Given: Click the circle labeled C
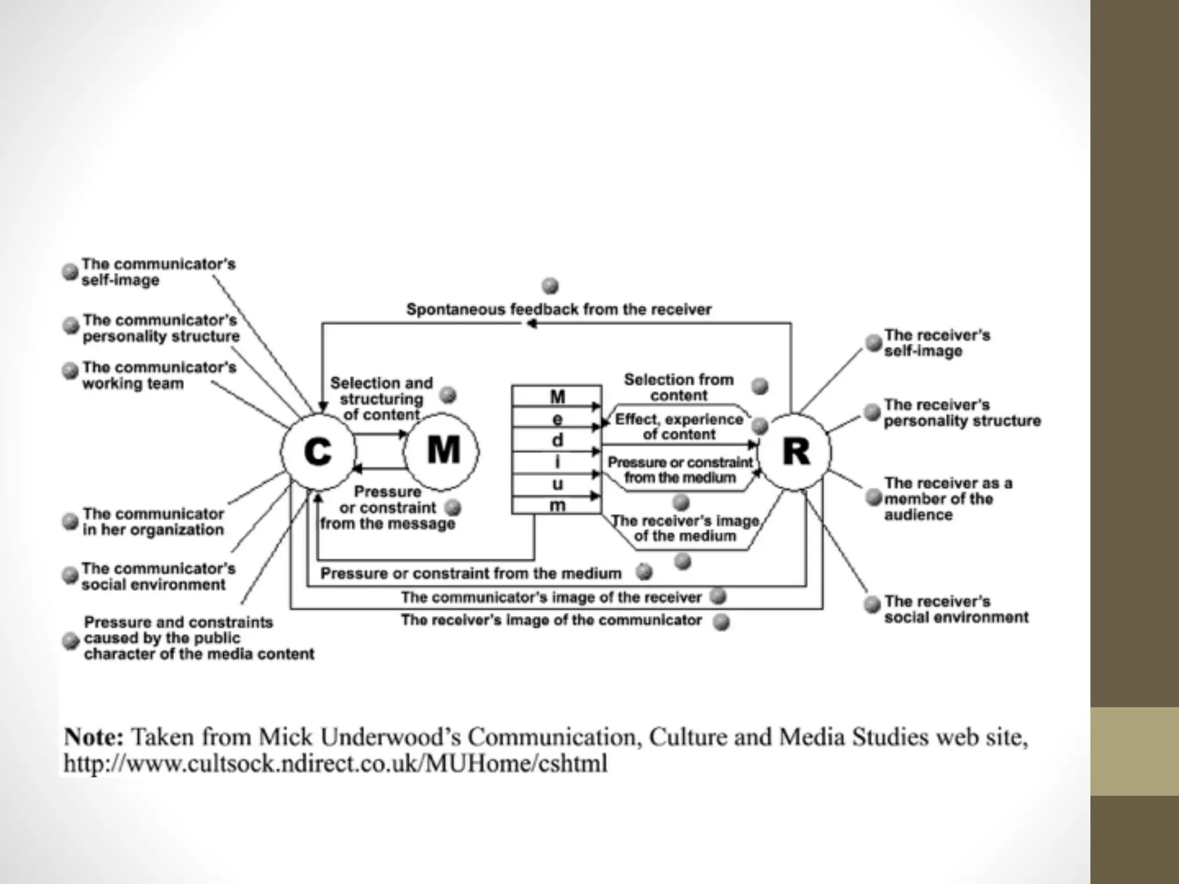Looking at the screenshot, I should pos(317,452).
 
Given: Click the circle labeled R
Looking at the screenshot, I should pos(795,452).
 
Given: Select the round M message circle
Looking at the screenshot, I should pos(442,451).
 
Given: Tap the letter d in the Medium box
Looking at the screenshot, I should pos(557,440).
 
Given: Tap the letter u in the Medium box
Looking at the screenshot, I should pos(557,485).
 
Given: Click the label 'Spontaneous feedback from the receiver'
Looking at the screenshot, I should pos(558,310).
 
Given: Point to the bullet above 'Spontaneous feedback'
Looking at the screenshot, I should pos(550,285).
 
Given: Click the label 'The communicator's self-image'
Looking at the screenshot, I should pos(158,272).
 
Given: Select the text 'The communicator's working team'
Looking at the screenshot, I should pos(158,375).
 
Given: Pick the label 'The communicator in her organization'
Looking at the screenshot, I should pos(153,521).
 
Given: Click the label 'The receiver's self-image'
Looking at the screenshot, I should pos(937,343).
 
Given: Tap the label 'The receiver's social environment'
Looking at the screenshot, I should pos(956,609).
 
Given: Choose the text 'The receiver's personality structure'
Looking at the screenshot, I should pos(962,413).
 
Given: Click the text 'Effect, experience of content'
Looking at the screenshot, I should pos(679,426).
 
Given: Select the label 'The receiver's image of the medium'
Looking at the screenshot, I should pos(684,528).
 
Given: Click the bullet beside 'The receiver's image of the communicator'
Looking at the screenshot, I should pos(721,622).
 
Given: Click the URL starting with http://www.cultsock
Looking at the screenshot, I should pos(335,764).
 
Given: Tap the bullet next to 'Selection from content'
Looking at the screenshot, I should pos(760,386).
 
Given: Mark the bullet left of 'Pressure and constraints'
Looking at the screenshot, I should pos(71,641).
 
